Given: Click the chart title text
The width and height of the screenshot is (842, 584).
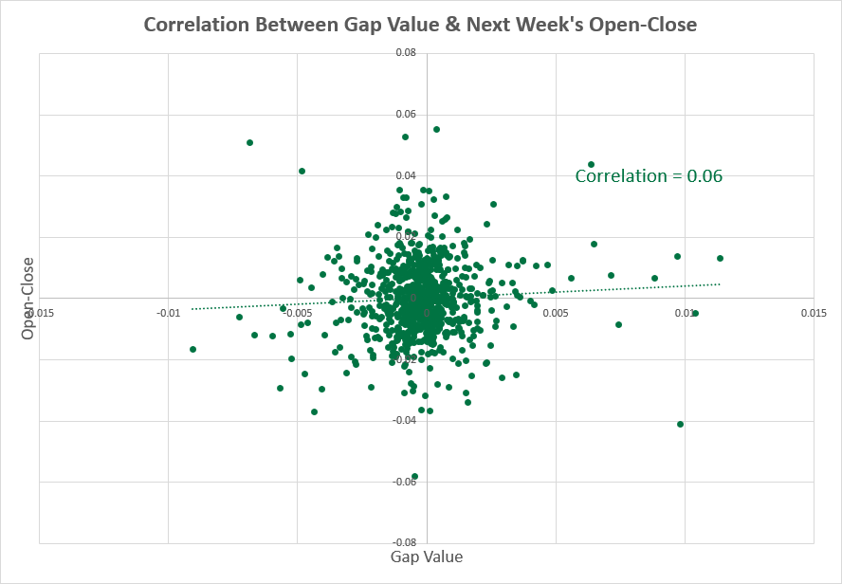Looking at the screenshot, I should [420, 25].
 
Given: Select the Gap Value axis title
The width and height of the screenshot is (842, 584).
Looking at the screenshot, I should [427, 557].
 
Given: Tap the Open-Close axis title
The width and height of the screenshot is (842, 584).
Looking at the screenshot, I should [28, 299].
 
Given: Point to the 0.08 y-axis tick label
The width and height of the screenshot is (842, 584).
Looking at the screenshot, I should [406, 53].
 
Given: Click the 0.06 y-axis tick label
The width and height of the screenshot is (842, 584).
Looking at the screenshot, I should [406, 115].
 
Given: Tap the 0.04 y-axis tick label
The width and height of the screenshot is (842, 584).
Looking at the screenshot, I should [406, 175].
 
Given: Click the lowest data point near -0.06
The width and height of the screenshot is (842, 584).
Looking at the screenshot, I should [414, 476].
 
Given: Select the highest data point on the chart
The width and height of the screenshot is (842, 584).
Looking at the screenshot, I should [436, 129].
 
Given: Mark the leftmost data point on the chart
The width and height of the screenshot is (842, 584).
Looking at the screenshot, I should [192, 349].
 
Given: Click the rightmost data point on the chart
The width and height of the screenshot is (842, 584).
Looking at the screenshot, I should [720, 258].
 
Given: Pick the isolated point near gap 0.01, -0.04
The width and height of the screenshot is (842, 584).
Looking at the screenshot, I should [681, 424].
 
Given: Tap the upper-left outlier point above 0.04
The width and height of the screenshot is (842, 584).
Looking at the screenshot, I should [249, 142].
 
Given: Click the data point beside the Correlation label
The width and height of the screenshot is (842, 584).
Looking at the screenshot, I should [591, 164].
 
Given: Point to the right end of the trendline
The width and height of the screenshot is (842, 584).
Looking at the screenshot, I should [720, 283].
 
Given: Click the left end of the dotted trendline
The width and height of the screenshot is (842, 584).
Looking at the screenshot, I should [192, 308].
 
